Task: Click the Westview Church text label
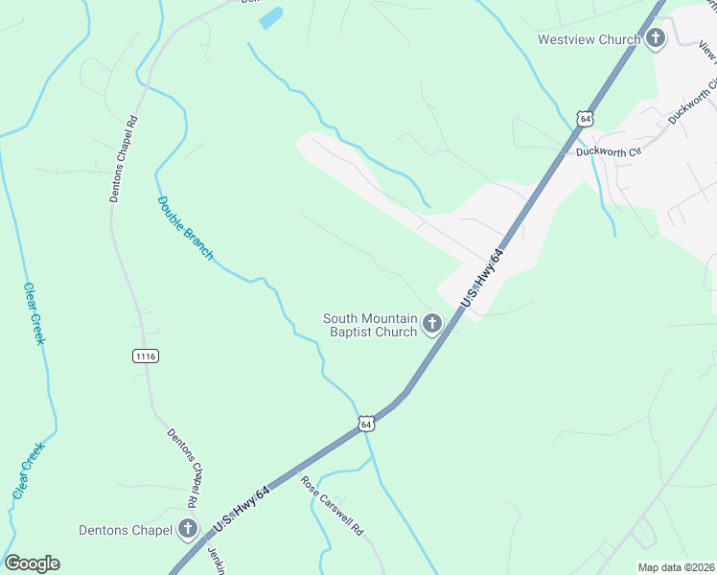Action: [588, 39]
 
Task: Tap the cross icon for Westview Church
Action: [656, 39]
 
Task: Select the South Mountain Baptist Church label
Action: [370, 325]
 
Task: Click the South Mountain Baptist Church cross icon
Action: [432, 324]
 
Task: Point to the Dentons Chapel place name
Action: [125, 529]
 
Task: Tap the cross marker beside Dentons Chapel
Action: [187, 529]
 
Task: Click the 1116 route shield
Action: [146, 356]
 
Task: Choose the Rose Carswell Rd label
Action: [334, 506]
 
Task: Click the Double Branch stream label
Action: [185, 228]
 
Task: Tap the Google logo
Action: [32, 563]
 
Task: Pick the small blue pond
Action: [272, 17]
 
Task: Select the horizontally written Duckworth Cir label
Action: [608, 151]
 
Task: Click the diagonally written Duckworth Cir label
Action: [692, 103]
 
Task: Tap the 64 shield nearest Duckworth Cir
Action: [585, 118]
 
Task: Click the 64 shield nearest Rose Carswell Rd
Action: [366, 423]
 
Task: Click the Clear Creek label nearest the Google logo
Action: [29, 469]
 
